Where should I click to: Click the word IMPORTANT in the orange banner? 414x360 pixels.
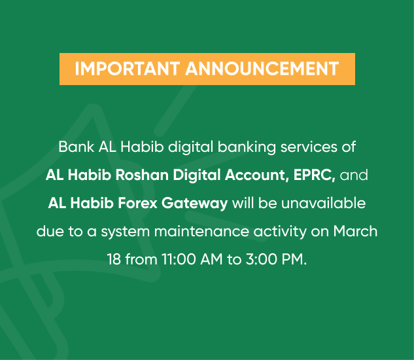click(x=128, y=69)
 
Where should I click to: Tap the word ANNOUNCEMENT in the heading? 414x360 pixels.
click(x=262, y=69)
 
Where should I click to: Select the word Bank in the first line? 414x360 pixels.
click(x=77, y=147)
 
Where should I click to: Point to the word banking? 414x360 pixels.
click(x=247, y=147)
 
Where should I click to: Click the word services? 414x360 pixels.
click(x=309, y=147)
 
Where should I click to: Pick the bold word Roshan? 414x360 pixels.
click(x=142, y=175)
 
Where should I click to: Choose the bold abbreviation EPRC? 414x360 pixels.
click(x=314, y=175)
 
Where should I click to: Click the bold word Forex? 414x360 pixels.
click(x=137, y=203)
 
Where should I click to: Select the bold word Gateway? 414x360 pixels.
click(x=195, y=204)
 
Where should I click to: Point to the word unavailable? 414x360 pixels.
click(x=324, y=203)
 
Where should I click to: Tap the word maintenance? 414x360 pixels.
click(x=201, y=231)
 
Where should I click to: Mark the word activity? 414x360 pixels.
click(x=280, y=232)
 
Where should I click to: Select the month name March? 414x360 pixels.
click(x=355, y=231)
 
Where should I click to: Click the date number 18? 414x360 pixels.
click(x=114, y=259)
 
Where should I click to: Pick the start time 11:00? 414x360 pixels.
click(x=179, y=259)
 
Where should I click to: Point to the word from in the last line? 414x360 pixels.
click(x=141, y=259)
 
